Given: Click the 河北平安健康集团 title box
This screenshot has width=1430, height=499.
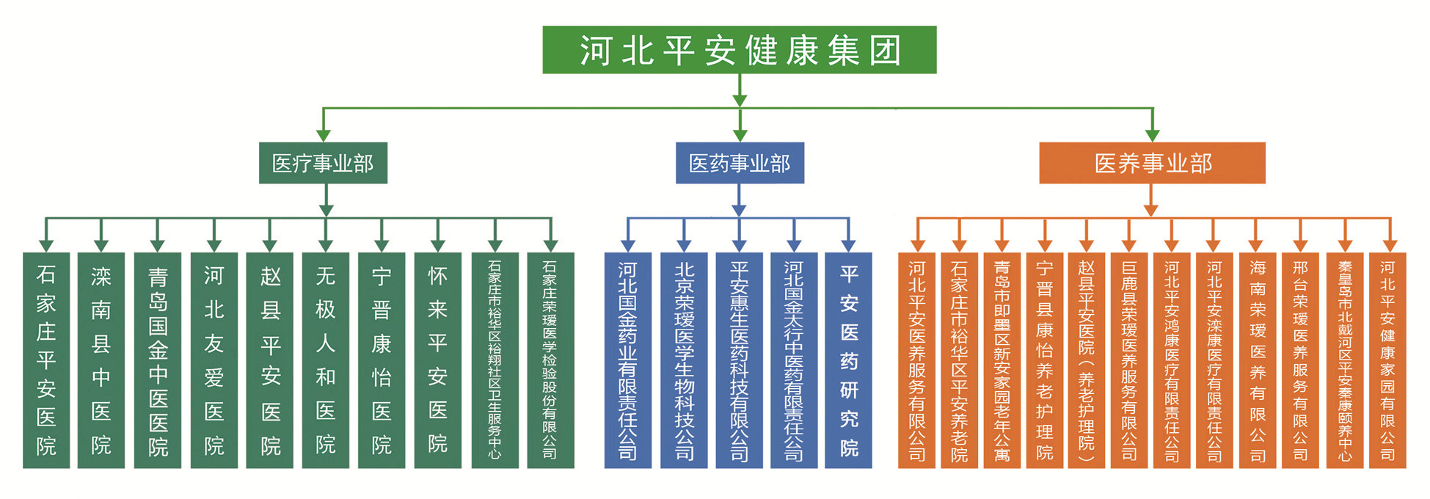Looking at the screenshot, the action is click(740, 50).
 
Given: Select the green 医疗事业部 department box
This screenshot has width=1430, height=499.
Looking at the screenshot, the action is click(323, 163).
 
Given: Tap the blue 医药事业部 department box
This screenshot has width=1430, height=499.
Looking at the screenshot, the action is click(740, 163).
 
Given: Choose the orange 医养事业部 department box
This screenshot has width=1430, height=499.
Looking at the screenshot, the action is click(1153, 163).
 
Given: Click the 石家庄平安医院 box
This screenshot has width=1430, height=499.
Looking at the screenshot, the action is click(46, 360).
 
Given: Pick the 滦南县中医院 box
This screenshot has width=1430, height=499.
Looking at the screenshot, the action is click(101, 360).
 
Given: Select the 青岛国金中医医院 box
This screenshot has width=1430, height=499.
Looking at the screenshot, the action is click(158, 360).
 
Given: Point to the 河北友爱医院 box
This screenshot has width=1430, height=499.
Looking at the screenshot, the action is click(214, 360).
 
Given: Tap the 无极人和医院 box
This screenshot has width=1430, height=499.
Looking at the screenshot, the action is click(326, 360).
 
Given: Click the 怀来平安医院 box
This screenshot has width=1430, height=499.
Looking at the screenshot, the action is click(438, 360).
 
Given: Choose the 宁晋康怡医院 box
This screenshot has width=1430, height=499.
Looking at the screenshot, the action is click(382, 360).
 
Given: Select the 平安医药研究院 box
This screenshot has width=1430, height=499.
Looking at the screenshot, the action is click(849, 360).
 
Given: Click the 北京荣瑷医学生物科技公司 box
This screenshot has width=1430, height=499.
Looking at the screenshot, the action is click(684, 360).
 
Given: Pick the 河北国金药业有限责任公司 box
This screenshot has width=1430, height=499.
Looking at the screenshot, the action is click(628, 360).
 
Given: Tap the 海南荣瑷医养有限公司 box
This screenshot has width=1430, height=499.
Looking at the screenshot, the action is click(1258, 360).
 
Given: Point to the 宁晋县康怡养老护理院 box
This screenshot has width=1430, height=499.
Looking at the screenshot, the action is click(1045, 360).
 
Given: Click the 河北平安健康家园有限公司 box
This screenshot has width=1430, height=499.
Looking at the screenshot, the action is click(1387, 360).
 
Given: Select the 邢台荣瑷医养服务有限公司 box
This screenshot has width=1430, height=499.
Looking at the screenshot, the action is click(1300, 360).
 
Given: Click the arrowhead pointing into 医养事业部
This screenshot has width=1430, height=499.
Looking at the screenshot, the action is click(1153, 135).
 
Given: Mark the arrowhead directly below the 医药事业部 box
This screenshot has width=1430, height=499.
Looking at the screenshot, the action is click(739, 211).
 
